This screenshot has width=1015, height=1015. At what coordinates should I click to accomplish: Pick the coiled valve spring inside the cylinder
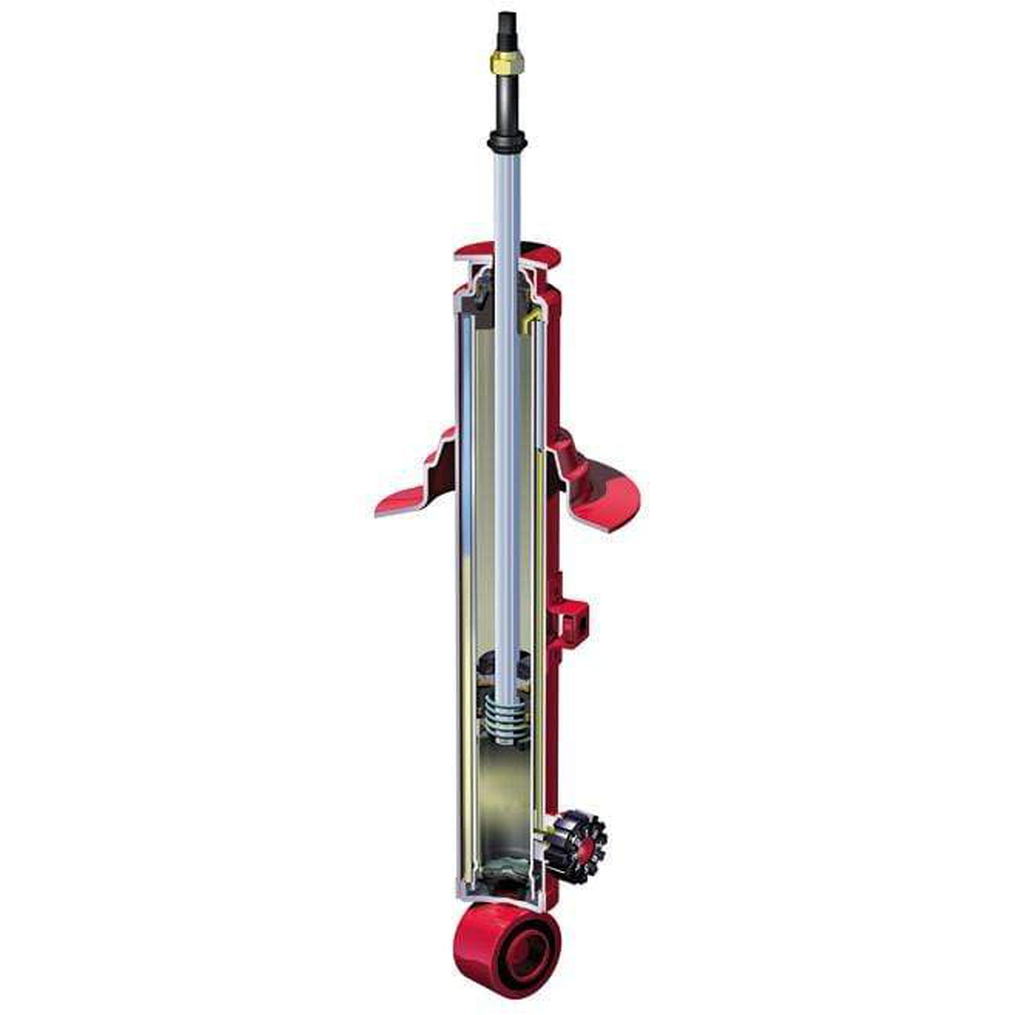click(x=507, y=720)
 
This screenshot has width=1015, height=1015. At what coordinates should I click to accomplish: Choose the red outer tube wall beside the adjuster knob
click(x=552, y=788)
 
